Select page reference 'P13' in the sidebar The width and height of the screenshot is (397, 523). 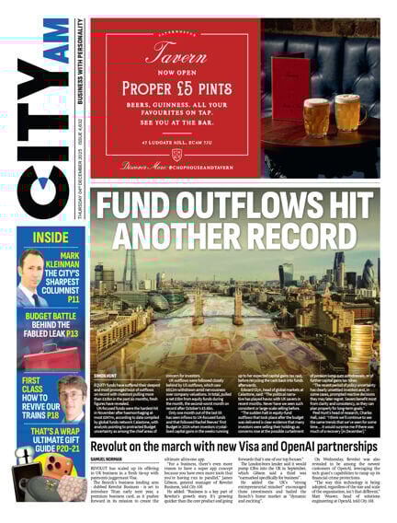[x=72, y=334]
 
